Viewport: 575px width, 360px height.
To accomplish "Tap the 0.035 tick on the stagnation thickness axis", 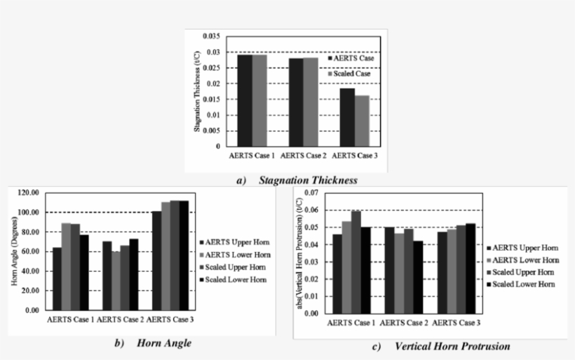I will pyautogui.click(x=210, y=36).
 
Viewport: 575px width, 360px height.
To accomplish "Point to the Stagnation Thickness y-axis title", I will pyautogui.click(x=197, y=90).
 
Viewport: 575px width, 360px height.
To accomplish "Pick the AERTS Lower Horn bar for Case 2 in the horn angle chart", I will pyautogui.click(x=116, y=280).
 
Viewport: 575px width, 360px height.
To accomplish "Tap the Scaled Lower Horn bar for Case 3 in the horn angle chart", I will pyautogui.click(x=184, y=255).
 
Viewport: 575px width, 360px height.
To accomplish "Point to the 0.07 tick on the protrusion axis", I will pyautogui.click(x=311, y=193).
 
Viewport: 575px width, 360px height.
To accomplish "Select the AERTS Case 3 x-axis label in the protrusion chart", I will pyautogui.click(x=455, y=322).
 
